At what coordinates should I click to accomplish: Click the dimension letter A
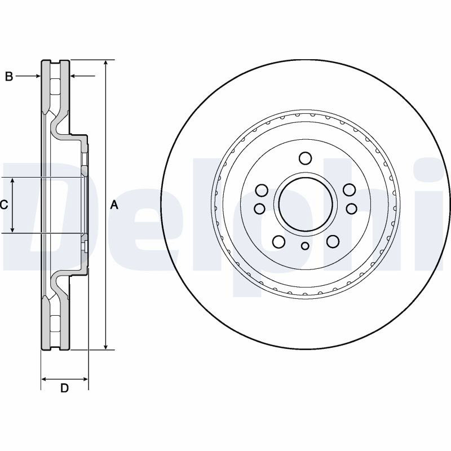click(114, 205)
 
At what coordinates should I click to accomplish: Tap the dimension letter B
click(9, 77)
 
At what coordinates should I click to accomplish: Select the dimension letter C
click(4, 205)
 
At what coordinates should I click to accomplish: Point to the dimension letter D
click(64, 388)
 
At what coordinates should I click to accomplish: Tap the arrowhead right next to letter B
click(37, 76)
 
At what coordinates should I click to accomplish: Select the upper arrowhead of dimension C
click(12, 181)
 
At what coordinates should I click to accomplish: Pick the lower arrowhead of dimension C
click(12, 229)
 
